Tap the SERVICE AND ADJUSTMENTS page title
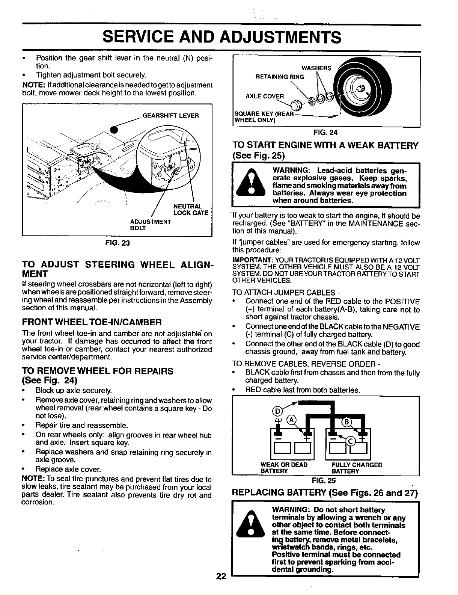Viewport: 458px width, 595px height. (x=222, y=38)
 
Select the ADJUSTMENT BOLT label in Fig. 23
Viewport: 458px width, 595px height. (x=150, y=225)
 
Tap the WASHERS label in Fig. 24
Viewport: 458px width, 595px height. (x=316, y=68)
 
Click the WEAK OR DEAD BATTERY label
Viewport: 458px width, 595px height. (x=284, y=468)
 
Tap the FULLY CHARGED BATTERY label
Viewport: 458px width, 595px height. (x=357, y=468)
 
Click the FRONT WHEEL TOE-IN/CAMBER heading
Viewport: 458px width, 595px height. (x=92, y=322)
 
